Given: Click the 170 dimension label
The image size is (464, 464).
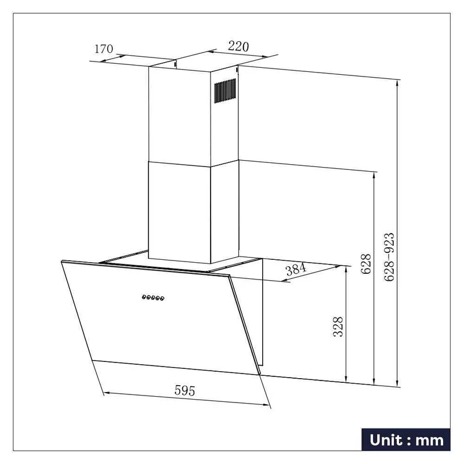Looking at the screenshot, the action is (x=104, y=49).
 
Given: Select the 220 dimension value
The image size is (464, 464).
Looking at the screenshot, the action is (x=238, y=46).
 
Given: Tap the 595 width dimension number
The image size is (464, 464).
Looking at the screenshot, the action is (x=184, y=390).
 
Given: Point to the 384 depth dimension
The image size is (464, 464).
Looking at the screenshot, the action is (x=296, y=269).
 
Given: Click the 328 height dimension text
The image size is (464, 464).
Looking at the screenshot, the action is (x=338, y=327).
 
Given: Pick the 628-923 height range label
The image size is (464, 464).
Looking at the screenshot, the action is (x=389, y=257).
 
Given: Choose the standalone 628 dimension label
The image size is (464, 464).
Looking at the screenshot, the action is (x=366, y=264).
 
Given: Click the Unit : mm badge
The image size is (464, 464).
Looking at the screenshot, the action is (x=406, y=440).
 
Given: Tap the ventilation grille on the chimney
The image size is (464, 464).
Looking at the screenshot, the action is (x=225, y=90).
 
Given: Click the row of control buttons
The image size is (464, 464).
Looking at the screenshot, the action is (x=153, y=298).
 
